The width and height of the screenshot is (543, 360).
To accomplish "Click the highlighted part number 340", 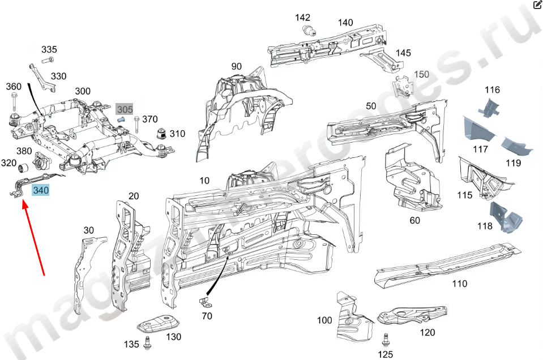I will click(41, 191).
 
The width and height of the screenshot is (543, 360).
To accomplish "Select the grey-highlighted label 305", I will click(125, 109).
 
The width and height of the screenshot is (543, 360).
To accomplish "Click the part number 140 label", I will click(345, 23).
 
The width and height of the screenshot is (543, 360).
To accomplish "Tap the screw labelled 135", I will click(147, 342).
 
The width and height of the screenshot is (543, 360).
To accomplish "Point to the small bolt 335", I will click(48, 59).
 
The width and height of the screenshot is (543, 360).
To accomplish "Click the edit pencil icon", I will click(537, 5).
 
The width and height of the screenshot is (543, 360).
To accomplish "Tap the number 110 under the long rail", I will click(460, 284).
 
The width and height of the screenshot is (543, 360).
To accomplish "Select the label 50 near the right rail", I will click(371, 106).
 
